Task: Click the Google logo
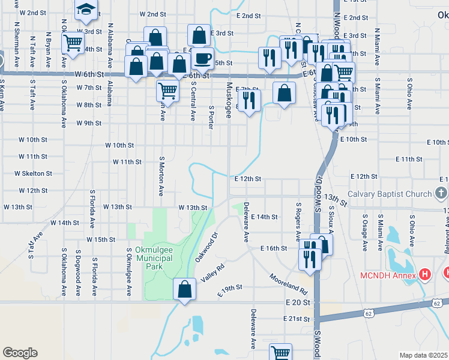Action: (x=20, y=352)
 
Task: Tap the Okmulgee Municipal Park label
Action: (x=154, y=257)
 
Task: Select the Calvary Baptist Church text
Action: (x=390, y=194)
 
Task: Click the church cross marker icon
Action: (x=441, y=194)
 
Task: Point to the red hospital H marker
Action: (x=425, y=275)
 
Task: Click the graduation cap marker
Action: (x=86, y=10)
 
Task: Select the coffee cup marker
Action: (x=203, y=59)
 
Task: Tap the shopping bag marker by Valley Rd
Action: (x=184, y=289)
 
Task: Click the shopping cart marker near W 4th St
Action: (x=73, y=43)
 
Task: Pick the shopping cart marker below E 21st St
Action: (x=280, y=353)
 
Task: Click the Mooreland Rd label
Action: (x=289, y=284)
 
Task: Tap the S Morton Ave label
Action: (x=161, y=177)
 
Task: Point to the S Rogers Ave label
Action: (x=298, y=220)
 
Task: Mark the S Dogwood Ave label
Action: (x=78, y=273)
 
